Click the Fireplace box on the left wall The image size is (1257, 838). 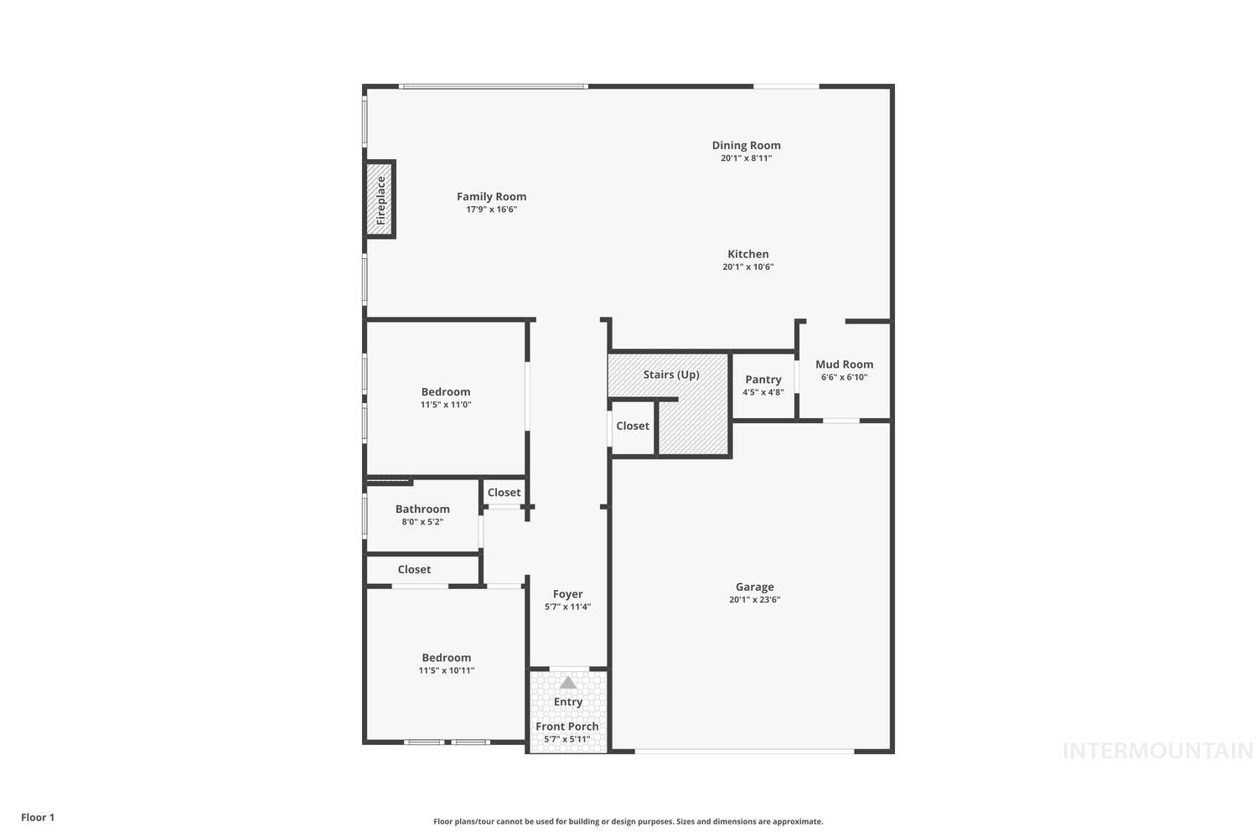(380, 199)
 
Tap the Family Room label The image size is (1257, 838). (492, 197)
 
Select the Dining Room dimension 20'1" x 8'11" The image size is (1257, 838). (746, 158)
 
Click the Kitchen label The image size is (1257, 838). (747, 254)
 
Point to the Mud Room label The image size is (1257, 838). (844, 365)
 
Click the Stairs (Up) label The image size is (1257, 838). (671, 375)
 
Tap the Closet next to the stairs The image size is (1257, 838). (633, 426)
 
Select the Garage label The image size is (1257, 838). (754, 587)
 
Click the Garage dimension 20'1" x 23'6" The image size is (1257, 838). (754, 600)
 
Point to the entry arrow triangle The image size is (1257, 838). (568, 682)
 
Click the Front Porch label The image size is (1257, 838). (567, 727)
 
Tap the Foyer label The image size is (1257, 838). (567, 594)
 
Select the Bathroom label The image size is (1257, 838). (422, 509)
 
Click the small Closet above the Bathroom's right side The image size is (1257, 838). (504, 493)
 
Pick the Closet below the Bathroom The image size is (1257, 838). (414, 570)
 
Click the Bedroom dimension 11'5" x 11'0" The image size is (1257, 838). (446, 405)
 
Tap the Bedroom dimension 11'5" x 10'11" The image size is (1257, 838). (447, 670)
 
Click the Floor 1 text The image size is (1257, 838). (38, 817)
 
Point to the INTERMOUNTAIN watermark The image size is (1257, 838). (1157, 751)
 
